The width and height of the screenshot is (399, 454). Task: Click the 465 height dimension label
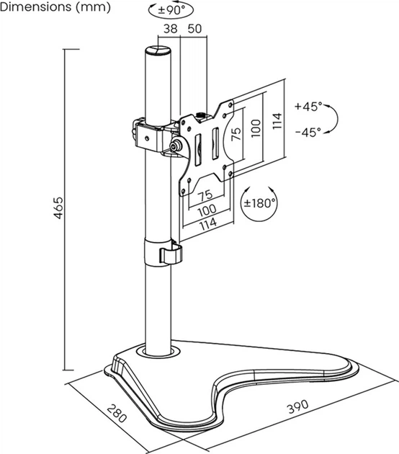[58, 208]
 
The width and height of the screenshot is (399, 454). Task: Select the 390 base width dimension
[297, 406]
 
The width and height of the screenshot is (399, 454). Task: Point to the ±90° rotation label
[171, 10]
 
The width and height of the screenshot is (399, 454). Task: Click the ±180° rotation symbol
[259, 203]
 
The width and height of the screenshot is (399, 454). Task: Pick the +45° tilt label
[308, 106]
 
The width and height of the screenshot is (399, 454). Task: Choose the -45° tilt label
[308, 133]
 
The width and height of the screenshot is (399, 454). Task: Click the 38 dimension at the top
[171, 29]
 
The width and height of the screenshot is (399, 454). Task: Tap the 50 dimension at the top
[194, 29]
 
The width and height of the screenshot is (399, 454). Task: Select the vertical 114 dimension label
[277, 121]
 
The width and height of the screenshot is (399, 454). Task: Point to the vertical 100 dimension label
[256, 128]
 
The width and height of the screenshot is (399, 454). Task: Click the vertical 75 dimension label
[236, 134]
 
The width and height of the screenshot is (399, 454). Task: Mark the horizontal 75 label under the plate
[205, 195]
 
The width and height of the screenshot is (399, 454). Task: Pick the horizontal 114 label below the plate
[208, 223]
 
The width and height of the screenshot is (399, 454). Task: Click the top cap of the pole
[158, 50]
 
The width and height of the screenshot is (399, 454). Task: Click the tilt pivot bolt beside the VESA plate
[176, 146]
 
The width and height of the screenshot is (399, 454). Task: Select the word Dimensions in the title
[36, 6]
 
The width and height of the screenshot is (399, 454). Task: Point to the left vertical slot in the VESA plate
[198, 150]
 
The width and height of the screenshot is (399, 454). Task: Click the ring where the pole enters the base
[158, 352]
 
